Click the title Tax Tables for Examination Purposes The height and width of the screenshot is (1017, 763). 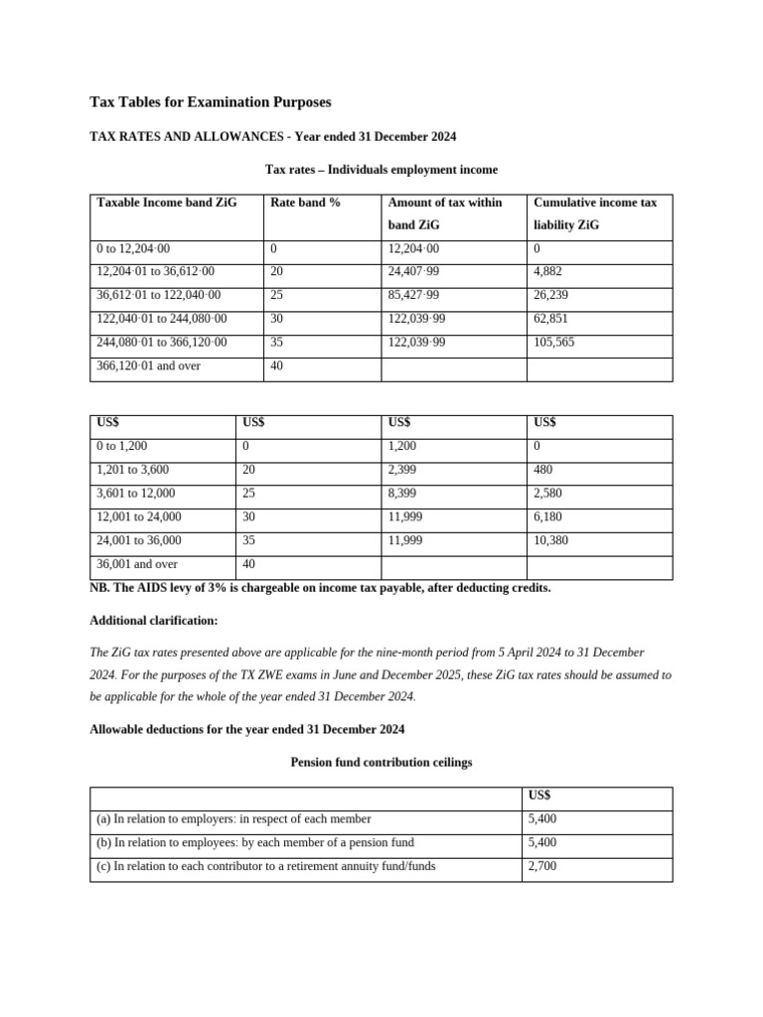pyautogui.click(x=211, y=102)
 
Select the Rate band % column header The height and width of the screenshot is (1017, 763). pyautogui.click(x=305, y=203)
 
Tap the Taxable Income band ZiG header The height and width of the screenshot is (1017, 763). pyautogui.click(x=167, y=203)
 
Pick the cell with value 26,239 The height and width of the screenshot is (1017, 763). pyautogui.click(x=553, y=295)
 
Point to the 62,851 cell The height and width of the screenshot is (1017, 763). pyautogui.click(x=553, y=319)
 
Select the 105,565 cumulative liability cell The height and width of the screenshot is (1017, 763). pyautogui.click(x=556, y=343)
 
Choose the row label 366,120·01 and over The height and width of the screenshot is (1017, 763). pyautogui.click(x=149, y=366)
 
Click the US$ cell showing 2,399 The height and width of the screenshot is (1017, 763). pyautogui.click(x=403, y=470)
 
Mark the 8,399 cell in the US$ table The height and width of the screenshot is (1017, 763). pyautogui.click(x=403, y=494)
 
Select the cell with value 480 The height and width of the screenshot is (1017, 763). pyautogui.click(x=543, y=470)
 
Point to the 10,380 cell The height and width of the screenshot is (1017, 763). pyautogui.click(x=551, y=541)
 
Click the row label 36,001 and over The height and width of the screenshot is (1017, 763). pyautogui.click(x=135, y=565)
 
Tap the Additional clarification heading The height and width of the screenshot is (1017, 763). pyautogui.click(x=154, y=621)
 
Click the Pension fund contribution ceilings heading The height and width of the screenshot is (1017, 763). pyautogui.click(x=381, y=763)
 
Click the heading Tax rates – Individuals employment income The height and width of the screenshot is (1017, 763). pyautogui.click(x=381, y=170)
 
